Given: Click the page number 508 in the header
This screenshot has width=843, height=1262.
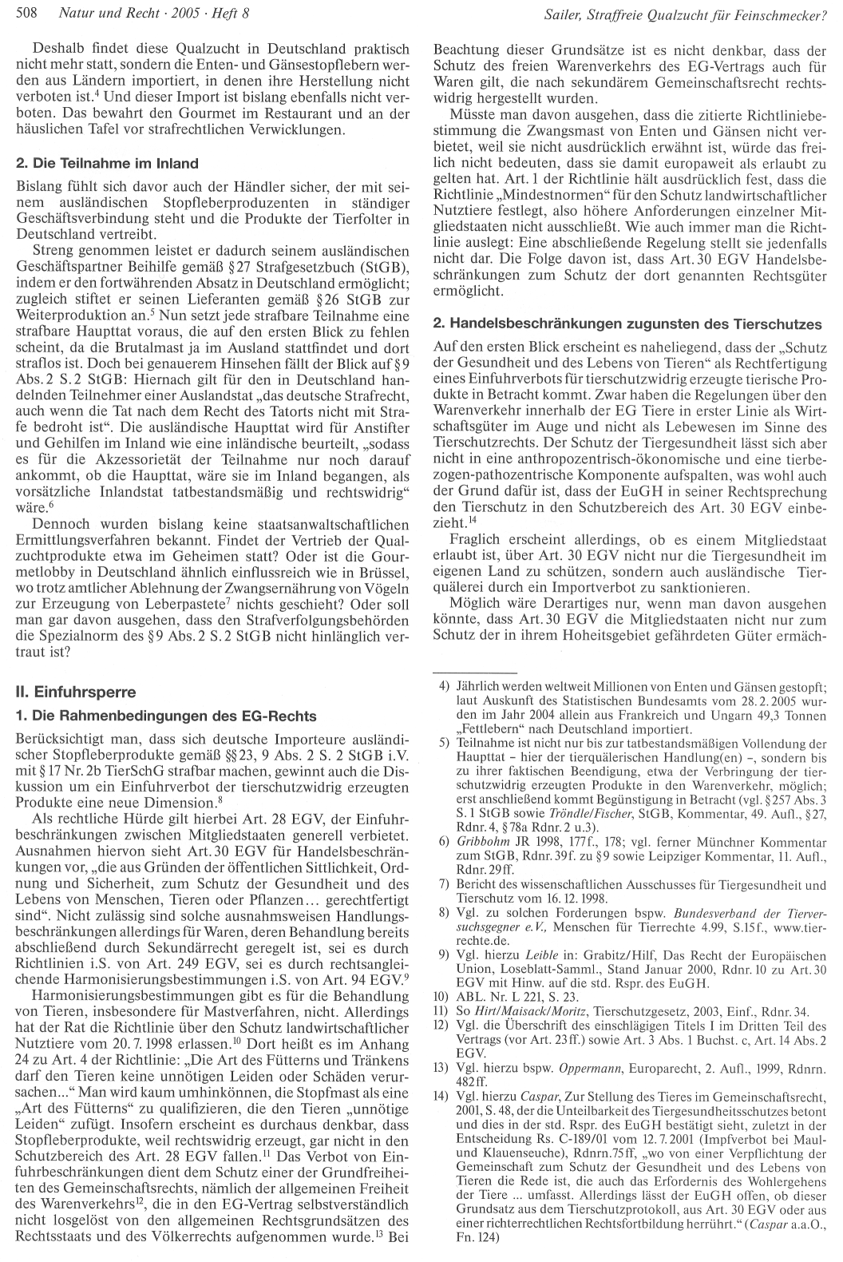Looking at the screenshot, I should (x=26, y=13).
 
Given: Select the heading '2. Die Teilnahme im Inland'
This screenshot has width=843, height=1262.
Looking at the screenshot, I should (x=107, y=163).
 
